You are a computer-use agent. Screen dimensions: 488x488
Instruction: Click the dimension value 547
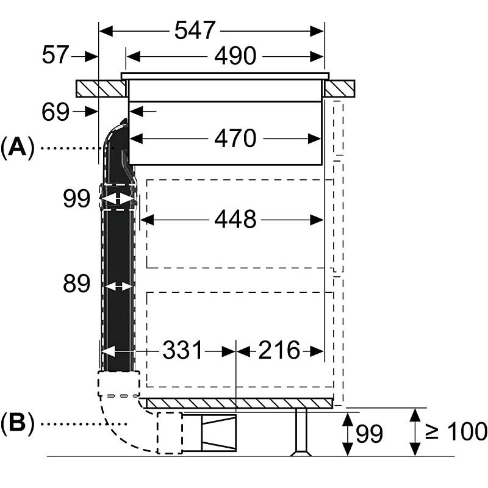(196, 30)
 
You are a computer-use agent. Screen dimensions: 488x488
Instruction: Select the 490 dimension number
(235, 56)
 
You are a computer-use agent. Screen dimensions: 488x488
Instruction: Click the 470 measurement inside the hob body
(235, 139)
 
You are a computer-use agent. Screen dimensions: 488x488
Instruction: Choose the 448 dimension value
(235, 218)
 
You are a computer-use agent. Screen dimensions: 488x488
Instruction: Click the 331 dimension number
(182, 350)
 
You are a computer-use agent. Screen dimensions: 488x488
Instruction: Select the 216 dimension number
(279, 350)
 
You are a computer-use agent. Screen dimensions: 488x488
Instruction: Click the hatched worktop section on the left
(101, 89)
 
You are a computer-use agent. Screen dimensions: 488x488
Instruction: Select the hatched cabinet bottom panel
(238, 403)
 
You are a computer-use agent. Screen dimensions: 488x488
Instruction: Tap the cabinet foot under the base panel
(301, 433)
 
